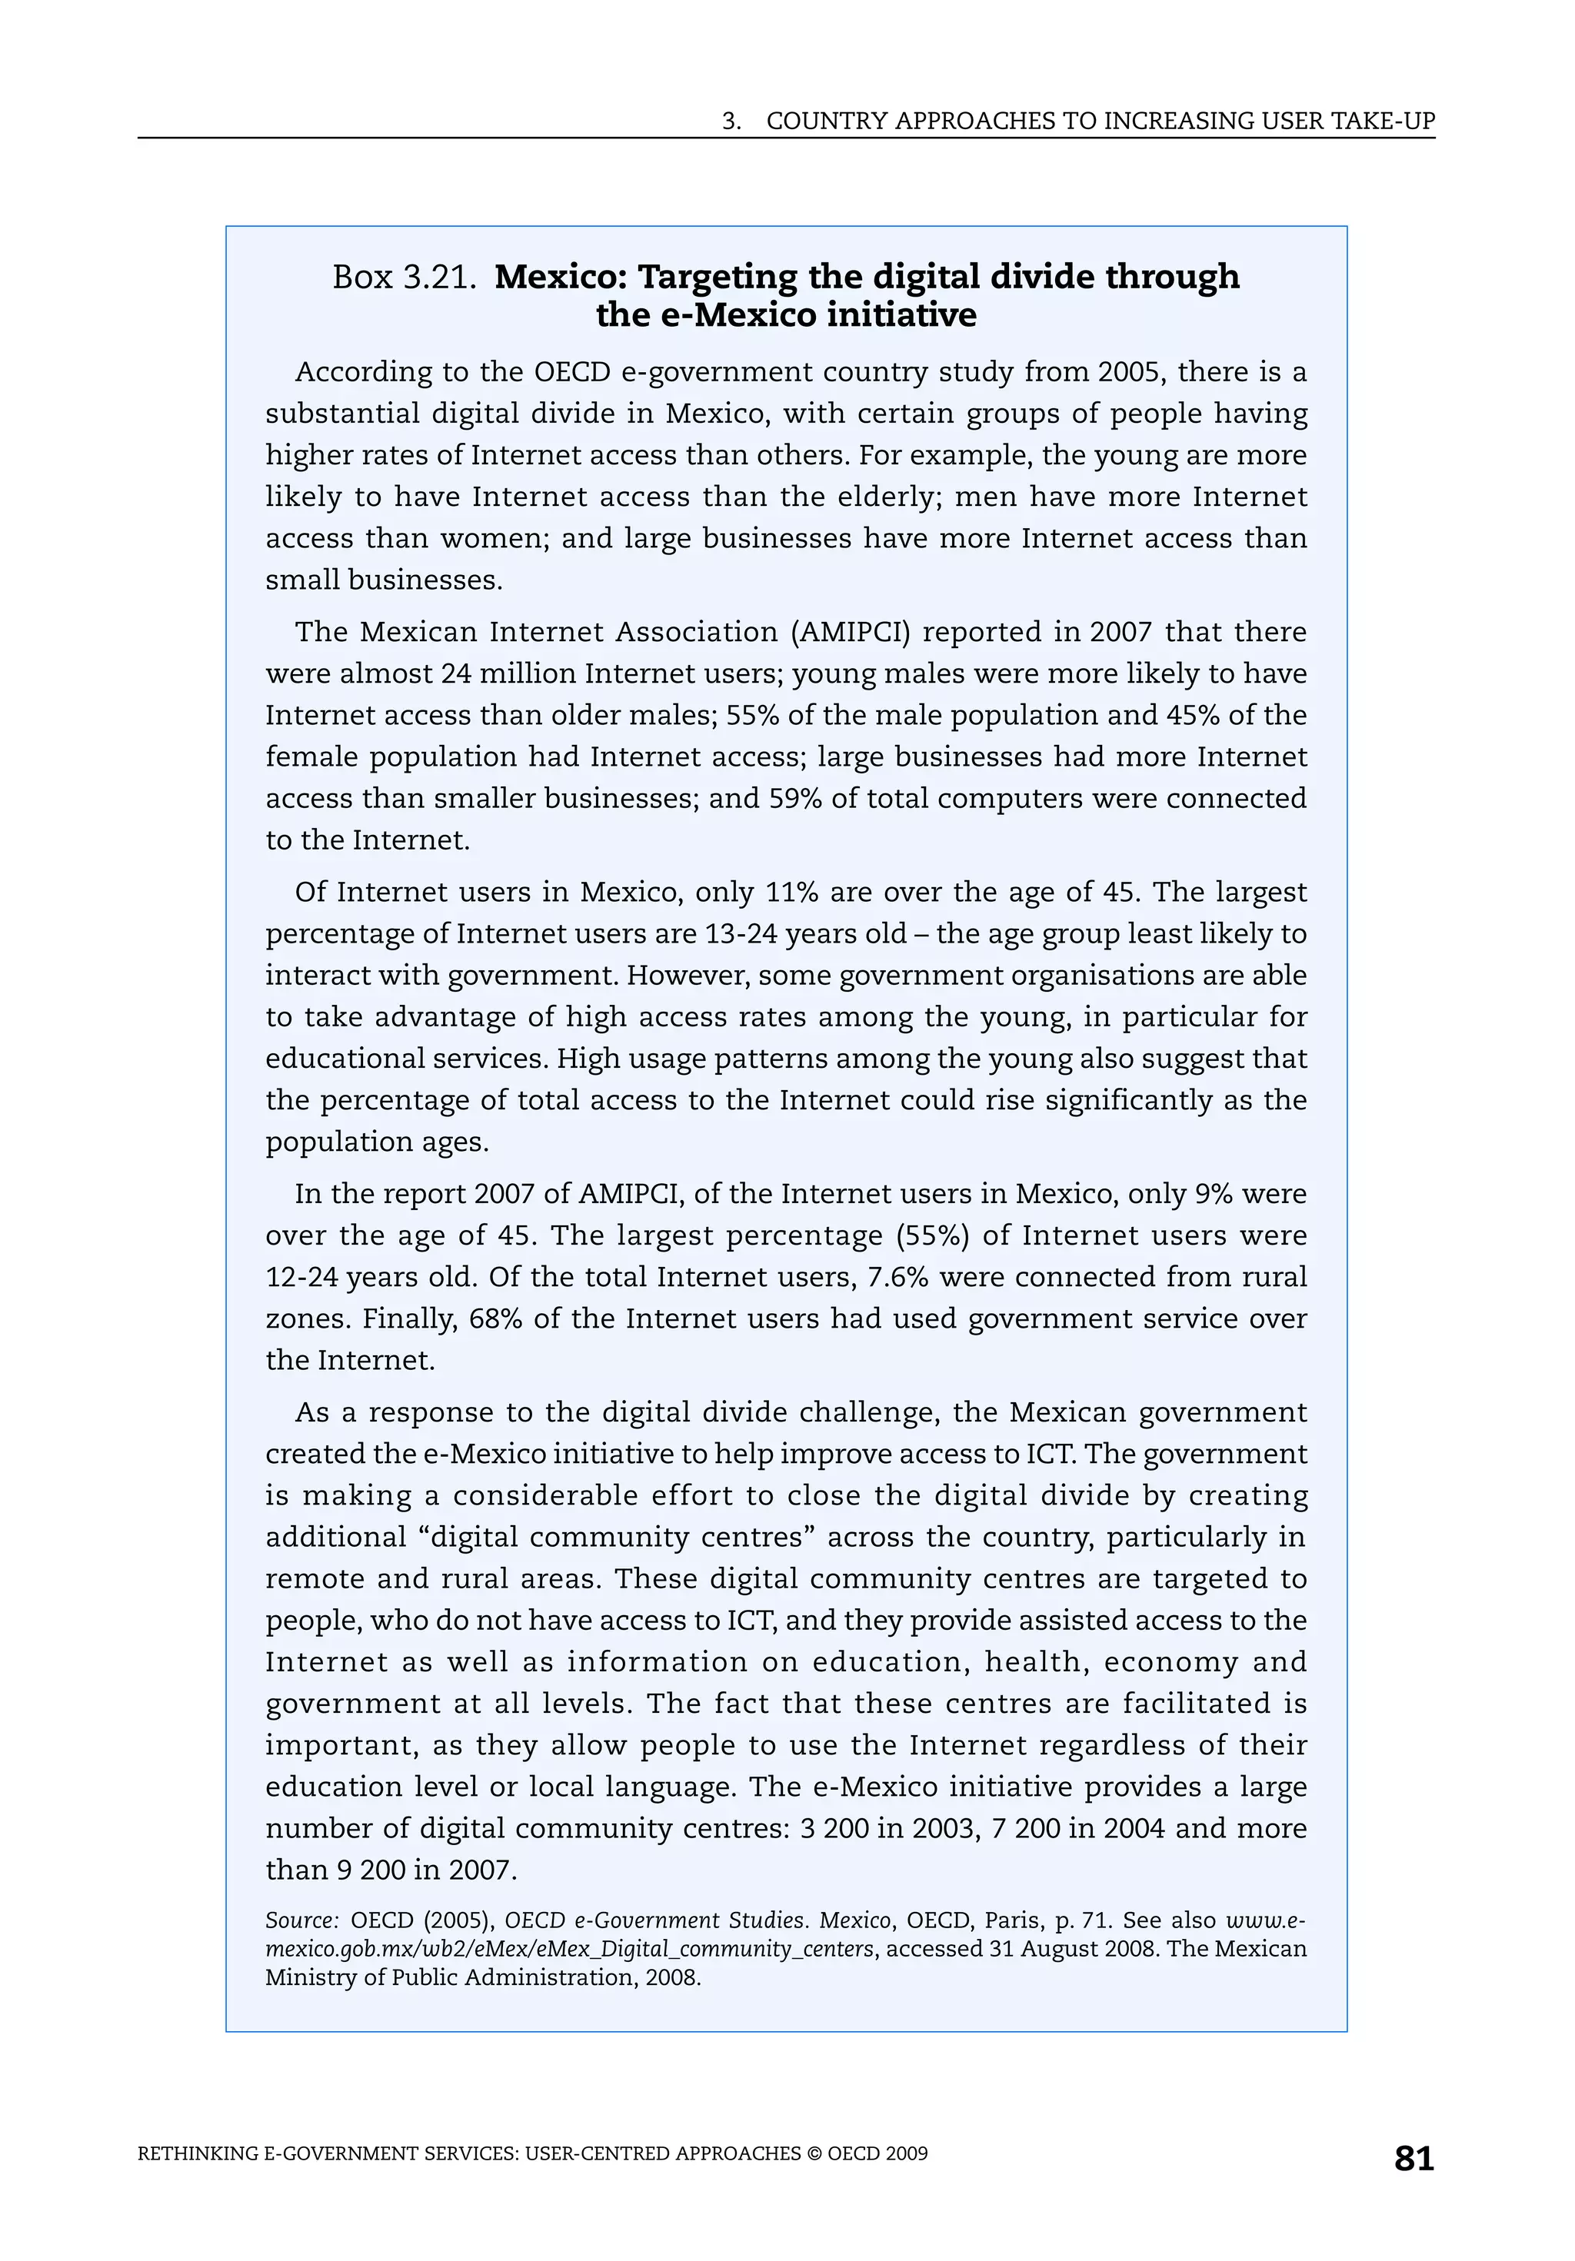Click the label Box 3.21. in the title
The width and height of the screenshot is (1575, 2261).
pos(404,278)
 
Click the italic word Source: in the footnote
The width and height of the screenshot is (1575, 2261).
pos(301,1921)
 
